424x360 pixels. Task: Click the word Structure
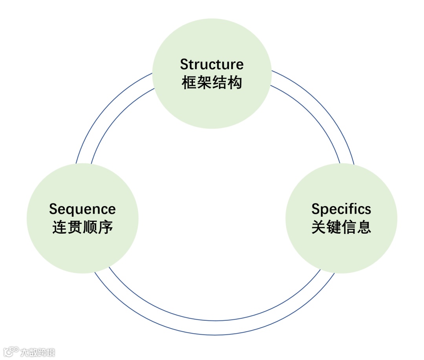(x=212, y=64)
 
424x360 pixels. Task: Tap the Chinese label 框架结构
(x=212, y=83)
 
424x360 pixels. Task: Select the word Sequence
(x=82, y=209)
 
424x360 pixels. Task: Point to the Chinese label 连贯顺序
(x=82, y=228)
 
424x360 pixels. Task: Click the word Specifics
(x=341, y=209)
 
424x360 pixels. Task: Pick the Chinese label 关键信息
(x=341, y=228)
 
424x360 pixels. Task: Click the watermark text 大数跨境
(x=38, y=352)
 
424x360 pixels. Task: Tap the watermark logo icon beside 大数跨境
(x=11, y=351)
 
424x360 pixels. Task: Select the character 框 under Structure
(x=189, y=83)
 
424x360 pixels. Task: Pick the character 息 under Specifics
(x=364, y=228)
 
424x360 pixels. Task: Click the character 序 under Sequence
(x=106, y=228)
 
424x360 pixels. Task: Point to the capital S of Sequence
(x=53, y=209)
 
